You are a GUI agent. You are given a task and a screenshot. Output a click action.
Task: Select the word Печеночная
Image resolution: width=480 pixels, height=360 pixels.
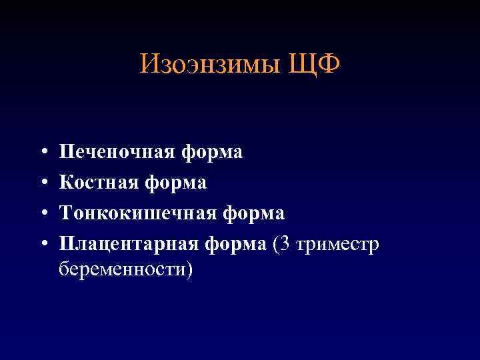pyautogui.click(x=117, y=153)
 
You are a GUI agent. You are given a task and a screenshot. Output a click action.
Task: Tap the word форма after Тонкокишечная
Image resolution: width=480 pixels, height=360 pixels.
pyautogui.click(x=251, y=213)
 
